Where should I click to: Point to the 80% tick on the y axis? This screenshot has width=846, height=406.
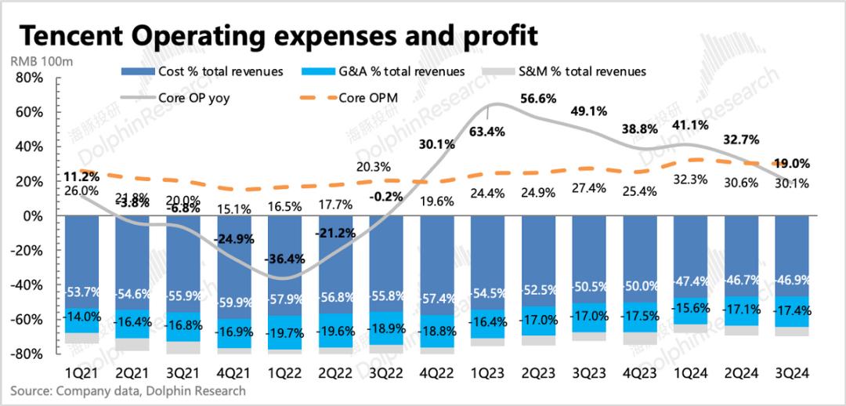click(x=29, y=78)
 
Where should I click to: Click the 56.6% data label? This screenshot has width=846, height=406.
click(x=537, y=99)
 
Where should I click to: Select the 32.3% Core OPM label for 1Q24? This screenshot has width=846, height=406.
click(x=690, y=179)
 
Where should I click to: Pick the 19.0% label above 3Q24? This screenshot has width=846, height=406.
click(x=793, y=164)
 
